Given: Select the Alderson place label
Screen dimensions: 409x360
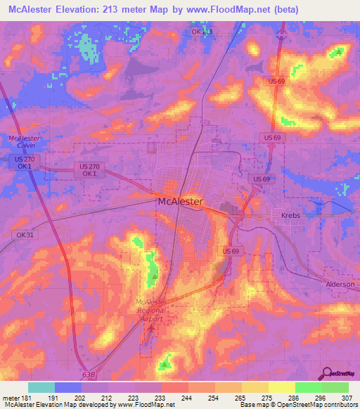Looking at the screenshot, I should (x=341, y=284).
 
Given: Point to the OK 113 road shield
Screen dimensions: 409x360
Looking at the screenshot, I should (x=202, y=32).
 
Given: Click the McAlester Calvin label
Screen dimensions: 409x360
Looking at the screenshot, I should (x=22, y=142).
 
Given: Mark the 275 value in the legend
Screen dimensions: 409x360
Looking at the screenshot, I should (x=269, y=397).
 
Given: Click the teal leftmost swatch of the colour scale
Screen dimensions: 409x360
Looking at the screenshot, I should (x=41, y=387).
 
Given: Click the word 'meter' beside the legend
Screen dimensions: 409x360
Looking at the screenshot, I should (x=11, y=397).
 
